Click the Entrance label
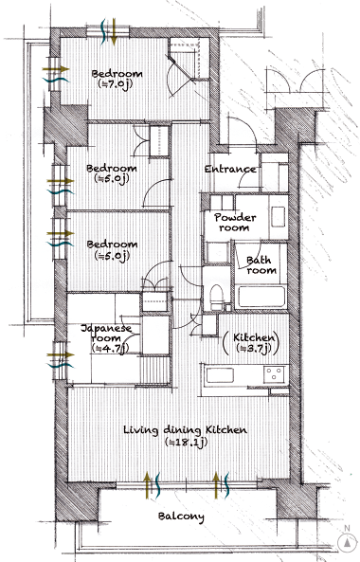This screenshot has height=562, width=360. point(230,169)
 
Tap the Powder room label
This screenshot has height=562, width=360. point(235,222)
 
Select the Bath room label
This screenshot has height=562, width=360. point(261,264)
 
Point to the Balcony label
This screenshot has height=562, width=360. point(181,517)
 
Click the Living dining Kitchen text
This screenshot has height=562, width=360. point(185,429)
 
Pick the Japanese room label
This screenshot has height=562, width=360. point(106,333)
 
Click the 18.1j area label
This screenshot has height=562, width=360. point(187,442)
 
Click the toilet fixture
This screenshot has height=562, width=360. point(216,297)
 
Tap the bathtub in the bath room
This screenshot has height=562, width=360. point(261,297)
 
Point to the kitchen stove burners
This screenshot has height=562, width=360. point(275,374)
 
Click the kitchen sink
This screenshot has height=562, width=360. point(221,375)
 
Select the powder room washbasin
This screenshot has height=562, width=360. point(278,216)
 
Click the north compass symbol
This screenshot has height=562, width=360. point(347,543)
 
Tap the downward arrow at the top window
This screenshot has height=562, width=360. point(114,32)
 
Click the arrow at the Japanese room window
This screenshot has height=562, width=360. point(61,354)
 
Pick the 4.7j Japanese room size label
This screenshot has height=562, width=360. point(110,348)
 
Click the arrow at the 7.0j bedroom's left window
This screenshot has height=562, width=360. point(56,68)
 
